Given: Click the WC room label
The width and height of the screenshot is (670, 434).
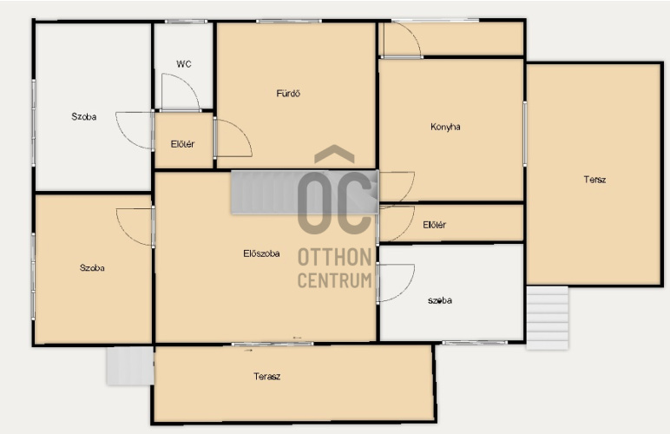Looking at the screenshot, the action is pyautogui.click(x=184, y=64).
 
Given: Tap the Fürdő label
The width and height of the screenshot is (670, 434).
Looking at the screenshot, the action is pyautogui.click(x=288, y=93).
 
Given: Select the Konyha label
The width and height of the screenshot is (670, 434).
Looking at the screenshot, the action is pyautogui.click(x=445, y=127).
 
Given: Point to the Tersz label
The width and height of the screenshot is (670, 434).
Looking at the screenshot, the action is pyautogui.click(x=594, y=180).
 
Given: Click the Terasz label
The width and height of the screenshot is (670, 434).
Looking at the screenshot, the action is pyautogui.click(x=267, y=377).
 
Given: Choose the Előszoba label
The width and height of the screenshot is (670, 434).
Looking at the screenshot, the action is pyautogui.click(x=261, y=253).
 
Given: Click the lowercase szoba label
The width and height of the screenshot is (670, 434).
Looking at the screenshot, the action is pyautogui.click(x=440, y=300).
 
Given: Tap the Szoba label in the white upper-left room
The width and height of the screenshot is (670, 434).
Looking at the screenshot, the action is pyautogui.click(x=83, y=116).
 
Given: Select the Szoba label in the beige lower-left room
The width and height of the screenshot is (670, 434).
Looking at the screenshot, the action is pyautogui.click(x=92, y=268).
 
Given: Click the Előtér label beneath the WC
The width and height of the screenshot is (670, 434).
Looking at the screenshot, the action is pyautogui.click(x=182, y=144).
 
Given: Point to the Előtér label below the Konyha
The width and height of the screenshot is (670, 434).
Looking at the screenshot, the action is pyautogui.click(x=435, y=225).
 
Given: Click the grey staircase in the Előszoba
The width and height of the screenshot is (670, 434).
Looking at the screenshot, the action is pyautogui.click(x=305, y=192).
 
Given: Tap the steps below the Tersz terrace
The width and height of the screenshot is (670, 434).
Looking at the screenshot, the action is pyautogui.click(x=548, y=318).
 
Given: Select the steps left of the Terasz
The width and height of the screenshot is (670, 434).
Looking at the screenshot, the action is pyautogui.click(x=130, y=365).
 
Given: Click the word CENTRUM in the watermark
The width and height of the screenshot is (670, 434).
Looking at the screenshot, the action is pyautogui.click(x=335, y=280).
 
